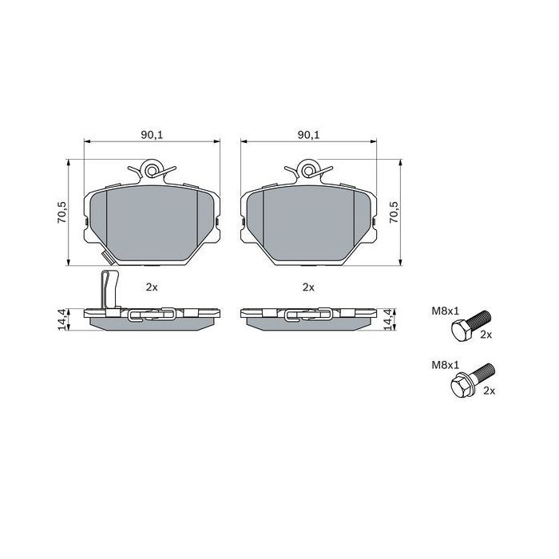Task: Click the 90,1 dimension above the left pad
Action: [x=152, y=135]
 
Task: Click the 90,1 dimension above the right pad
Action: [x=309, y=135]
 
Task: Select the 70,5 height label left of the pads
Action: [x=61, y=212]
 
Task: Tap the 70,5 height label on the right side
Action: [x=394, y=212]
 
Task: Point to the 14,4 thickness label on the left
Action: [x=61, y=319]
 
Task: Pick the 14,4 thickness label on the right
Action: [x=389, y=319]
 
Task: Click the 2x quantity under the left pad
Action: [x=152, y=287]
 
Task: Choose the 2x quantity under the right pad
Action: [x=308, y=287]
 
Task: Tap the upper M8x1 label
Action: [x=446, y=311]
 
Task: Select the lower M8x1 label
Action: [x=446, y=365]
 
